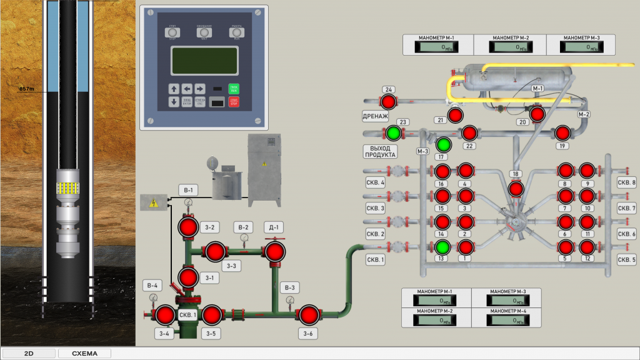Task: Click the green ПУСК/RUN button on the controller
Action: click(233, 89)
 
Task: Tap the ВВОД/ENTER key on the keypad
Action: click(187, 102)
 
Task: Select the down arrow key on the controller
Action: click(174, 102)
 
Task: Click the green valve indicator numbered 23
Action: click(393, 132)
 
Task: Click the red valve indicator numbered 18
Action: click(516, 188)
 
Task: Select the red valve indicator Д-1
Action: click(274, 252)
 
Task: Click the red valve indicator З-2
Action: click(188, 228)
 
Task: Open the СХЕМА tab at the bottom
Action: click(84, 353)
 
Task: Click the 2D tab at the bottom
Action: click(29, 353)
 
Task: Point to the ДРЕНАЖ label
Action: click(376, 116)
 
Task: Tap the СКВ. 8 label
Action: click(626, 182)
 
